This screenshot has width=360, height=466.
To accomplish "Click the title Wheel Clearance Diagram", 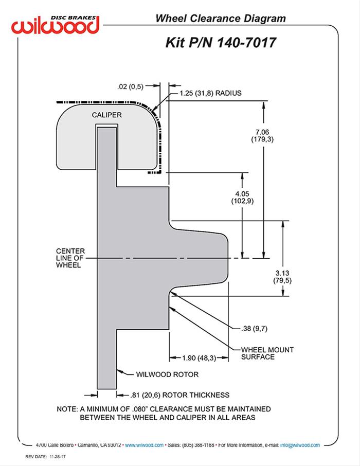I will click(x=221, y=19).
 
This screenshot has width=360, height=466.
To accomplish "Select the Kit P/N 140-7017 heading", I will click(x=221, y=42).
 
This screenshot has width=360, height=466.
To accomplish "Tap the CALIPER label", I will click(x=107, y=115).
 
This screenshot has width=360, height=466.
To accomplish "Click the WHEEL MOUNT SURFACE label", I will click(x=267, y=353).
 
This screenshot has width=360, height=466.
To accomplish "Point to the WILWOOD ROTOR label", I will click(x=167, y=374).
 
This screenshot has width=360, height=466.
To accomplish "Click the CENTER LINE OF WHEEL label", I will click(x=70, y=258).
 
